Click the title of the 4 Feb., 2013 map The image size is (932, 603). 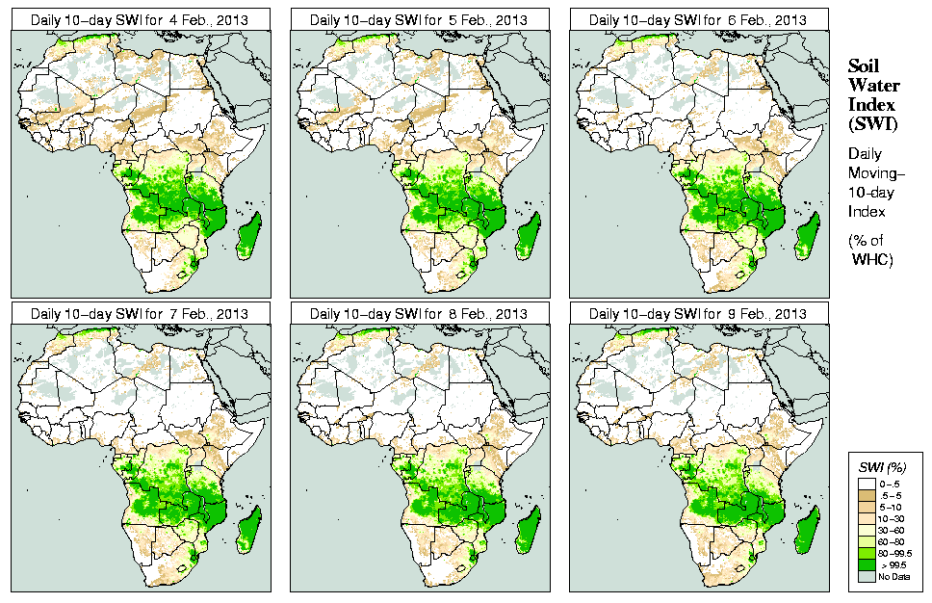pyautogui.click(x=139, y=19)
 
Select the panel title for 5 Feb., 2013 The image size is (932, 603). pyautogui.click(x=418, y=19)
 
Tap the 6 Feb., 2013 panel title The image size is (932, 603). pyautogui.click(x=697, y=19)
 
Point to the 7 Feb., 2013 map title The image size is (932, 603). pyautogui.click(x=139, y=314)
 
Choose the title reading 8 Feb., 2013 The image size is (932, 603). pyautogui.click(x=418, y=314)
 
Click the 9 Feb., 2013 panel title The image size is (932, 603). pyautogui.click(x=697, y=314)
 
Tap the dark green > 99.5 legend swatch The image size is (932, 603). pyautogui.click(x=867, y=564)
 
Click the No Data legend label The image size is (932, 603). pyautogui.click(x=897, y=576)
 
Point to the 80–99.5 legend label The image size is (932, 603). pyautogui.click(x=897, y=553)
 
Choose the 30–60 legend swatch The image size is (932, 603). pyautogui.click(x=867, y=530)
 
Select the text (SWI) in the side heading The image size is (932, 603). pyautogui.click(x=871, y=123)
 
